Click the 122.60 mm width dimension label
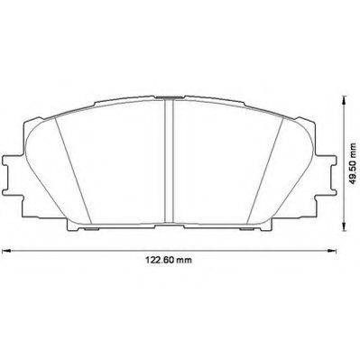(169, 260)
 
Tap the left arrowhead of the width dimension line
(6, 250)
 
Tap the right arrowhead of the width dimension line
(331, 250)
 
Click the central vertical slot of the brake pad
(170, 161)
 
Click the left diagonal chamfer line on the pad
(73, 171)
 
